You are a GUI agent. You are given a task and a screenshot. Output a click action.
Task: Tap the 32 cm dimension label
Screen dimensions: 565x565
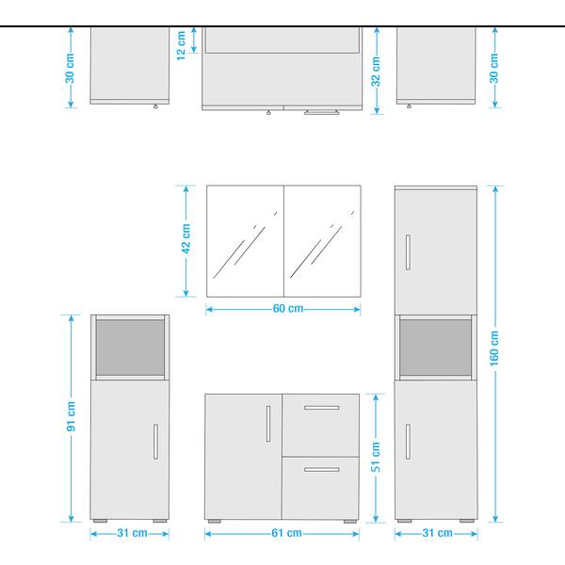[376, 70]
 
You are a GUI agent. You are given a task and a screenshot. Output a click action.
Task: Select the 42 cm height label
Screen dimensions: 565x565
[186, 240]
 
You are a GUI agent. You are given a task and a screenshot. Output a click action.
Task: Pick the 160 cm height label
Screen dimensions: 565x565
[494, 350]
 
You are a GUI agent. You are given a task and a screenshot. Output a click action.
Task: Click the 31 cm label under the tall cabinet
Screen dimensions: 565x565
[436, 533]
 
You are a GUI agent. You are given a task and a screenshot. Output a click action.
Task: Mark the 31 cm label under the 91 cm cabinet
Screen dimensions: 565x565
[130, 533]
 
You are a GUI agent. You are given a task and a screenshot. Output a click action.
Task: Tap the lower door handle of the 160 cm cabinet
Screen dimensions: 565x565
[408, 440]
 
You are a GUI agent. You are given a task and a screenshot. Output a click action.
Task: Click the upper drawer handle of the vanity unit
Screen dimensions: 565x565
[322, 408]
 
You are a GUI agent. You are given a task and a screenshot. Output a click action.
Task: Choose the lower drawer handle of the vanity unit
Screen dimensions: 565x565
[322, 469]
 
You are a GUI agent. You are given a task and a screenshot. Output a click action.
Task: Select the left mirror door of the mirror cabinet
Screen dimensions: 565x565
[245, 241]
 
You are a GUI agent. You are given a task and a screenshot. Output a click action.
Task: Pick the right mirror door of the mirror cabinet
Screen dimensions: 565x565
[322, 241]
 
